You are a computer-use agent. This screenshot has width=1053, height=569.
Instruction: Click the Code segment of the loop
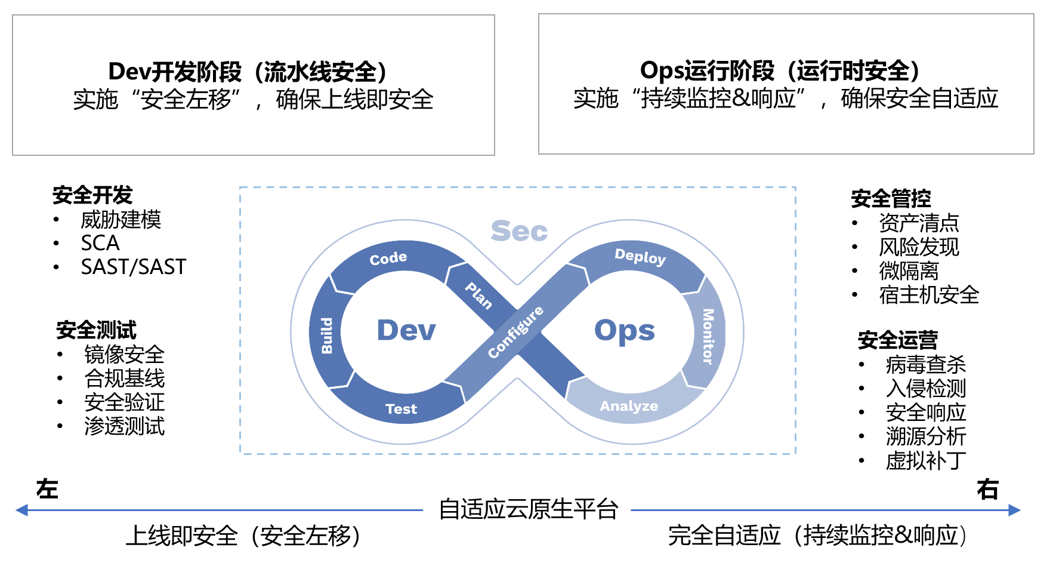[x=388, y=258]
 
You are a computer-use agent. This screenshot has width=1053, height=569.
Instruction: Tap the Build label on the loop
[x=327, y=336]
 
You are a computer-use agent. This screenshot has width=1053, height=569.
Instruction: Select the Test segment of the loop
[x=401, y=409]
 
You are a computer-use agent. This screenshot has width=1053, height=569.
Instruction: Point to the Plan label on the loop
[x=478, y=296]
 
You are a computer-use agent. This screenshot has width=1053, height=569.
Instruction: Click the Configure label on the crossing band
[x=515, y=332]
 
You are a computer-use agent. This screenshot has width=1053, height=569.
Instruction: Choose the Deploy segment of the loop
[x=640, y=256]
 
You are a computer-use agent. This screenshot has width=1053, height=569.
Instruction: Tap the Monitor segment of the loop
[x=708, y=336]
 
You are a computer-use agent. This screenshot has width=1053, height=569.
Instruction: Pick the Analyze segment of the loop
[x=629, y=406]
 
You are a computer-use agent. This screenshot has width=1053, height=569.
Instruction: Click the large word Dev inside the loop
[x=406, y=330]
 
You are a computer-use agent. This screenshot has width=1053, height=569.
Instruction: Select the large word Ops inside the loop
[x=625, y=330]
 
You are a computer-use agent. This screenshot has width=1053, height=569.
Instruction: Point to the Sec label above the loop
[x=519, y=231]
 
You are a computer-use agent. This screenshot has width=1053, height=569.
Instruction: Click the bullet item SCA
[x=100, y=243]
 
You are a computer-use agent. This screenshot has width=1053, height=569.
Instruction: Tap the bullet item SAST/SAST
[x=134, y=267]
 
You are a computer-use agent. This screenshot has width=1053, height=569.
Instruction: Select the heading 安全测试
[x=96, y=330]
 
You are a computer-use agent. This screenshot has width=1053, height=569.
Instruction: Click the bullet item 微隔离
[x=909, y=271]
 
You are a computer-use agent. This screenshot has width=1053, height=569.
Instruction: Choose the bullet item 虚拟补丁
[x=925, y=460]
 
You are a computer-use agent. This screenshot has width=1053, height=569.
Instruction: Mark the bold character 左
[x=47, y=489]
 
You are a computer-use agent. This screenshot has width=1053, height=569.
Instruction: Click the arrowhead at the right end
[x=1014, y=510]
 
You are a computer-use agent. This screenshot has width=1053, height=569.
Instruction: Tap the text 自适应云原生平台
[x=528, y=509]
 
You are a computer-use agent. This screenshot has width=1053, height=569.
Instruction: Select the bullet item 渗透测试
[x=124, y=426]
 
